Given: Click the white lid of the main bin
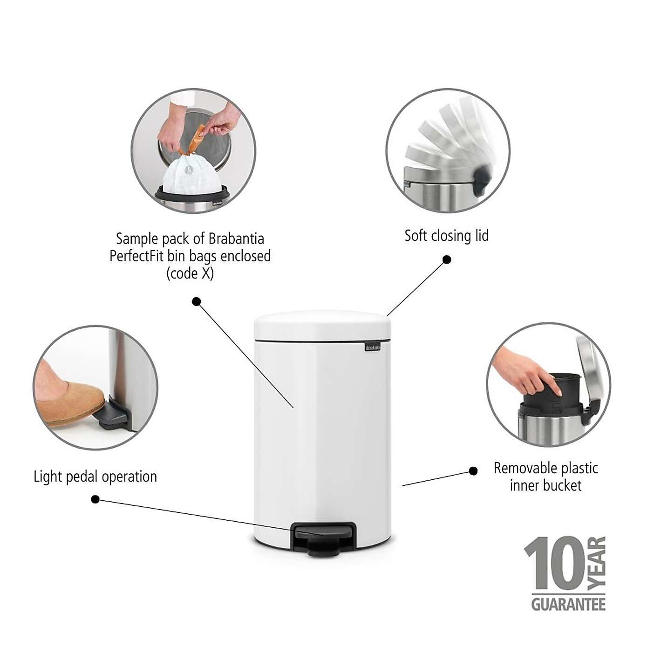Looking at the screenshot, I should point(322,324).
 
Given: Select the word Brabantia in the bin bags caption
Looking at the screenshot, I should point(236,238).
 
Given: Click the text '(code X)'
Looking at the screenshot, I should point(190,273).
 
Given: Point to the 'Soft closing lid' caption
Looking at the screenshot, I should point(446,236).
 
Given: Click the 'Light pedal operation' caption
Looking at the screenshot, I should point(95,477).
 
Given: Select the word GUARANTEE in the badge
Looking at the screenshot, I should point(568,605).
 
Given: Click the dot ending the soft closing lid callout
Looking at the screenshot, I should point(447,259).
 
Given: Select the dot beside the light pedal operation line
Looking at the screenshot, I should point(95,499).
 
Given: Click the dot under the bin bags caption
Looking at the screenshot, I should point(197,301).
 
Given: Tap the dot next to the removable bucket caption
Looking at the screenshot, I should point(473,471).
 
